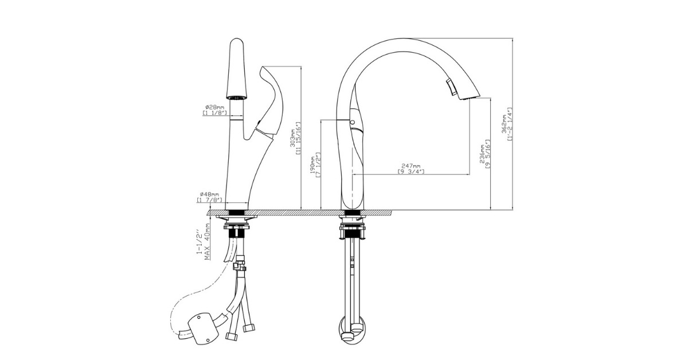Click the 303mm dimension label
point(292,138)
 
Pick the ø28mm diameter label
point(214,107)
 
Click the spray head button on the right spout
point(451,87)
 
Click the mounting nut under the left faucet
point(237,230)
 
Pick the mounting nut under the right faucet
point(351,229)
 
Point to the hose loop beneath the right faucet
point(351,330)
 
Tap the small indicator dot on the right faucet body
point(351,123)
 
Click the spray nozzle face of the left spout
point(236,98)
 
